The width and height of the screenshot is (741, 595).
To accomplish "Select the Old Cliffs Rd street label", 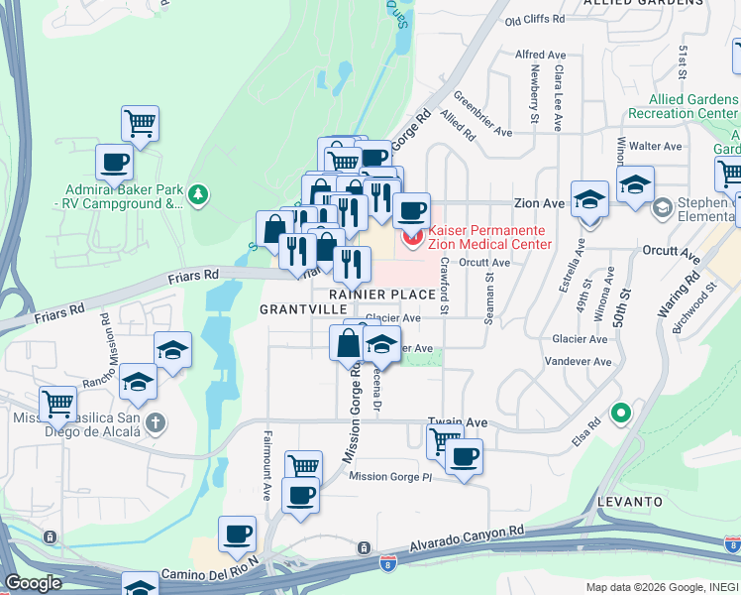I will click(x=534, y=19).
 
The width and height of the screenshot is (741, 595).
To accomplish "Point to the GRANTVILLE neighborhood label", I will click(x=291, y=309).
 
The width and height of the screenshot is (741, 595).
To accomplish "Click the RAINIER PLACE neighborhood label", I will click(x=382, y=295).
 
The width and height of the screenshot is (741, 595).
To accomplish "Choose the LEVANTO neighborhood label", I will click(x=629, y=502).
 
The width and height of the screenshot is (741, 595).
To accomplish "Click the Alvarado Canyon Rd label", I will click(x=469, y=537).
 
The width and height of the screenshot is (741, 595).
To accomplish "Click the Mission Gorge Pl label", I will click(x=391, y=477).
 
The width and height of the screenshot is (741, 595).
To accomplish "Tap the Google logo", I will click(x=33, y=583).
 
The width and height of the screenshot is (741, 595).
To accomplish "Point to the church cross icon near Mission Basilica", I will click(x=155, y=424).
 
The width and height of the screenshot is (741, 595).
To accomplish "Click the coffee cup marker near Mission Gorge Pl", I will click(x=463, y=458).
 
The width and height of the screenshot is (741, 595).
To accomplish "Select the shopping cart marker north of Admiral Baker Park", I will click(x=140, y=125).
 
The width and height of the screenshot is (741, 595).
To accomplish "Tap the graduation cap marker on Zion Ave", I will click(x=589, y=201).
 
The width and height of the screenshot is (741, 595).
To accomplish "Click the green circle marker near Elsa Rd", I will click(x=621, y=413).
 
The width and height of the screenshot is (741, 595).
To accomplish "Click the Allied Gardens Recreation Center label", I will click(x=693, y=106).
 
